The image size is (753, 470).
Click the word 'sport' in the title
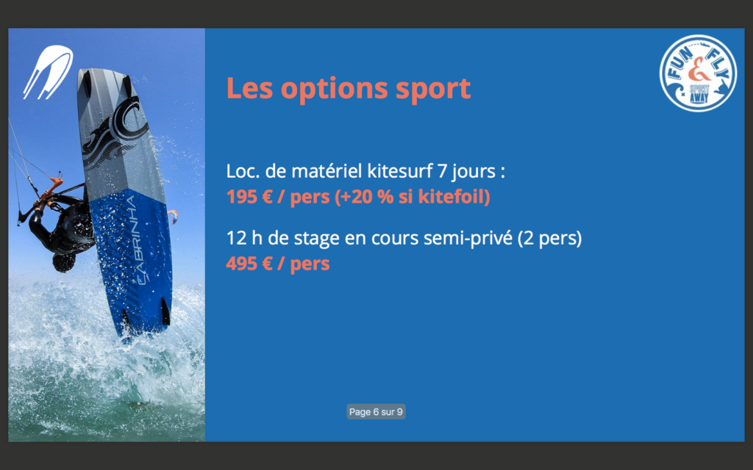click(432, 89)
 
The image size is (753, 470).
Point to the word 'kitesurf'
click(400, 170)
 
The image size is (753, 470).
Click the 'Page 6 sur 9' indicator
click(376, 411)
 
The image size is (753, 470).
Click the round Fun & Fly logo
click(698, 73)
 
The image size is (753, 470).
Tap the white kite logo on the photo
click(48, 72)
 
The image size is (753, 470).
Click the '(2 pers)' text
click(549, 239)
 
